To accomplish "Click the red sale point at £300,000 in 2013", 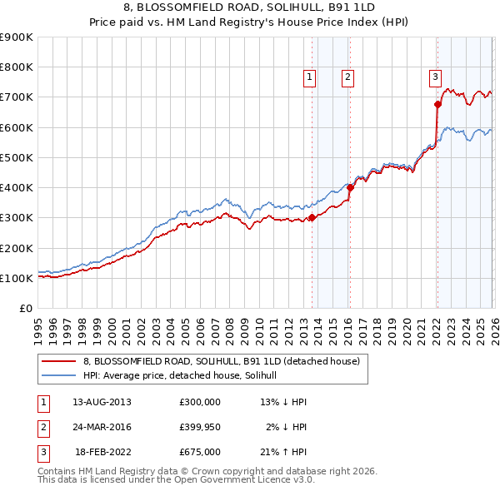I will pyautogui.click(x=312, y=217).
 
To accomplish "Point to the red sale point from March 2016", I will pyautogui.click(x=350, y=187).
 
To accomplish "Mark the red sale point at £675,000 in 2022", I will pyautogui.click(x=437, y=104).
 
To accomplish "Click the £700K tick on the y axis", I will pyautogui.click(x=17, y=97).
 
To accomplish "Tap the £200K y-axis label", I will pyautogui.click(x=17, y=248).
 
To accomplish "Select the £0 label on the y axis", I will pyautogui.click(x=25, y=309).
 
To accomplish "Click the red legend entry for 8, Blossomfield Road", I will pyautogui.click(x=221, y=361).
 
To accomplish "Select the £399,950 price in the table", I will pyautogui.click(x=200, y=427).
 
